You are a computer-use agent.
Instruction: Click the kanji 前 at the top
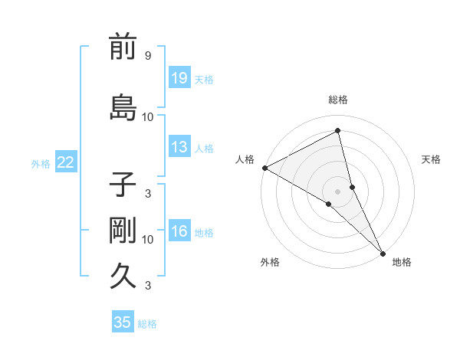[123, 47]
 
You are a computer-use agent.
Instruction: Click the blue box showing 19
[179, 79]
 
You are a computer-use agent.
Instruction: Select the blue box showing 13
[179, 148]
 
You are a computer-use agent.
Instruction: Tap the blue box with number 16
[179, 232]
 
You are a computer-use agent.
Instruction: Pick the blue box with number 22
[65, 162]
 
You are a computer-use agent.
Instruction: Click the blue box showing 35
[123, 322]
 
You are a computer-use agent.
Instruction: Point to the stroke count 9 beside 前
[147, 56]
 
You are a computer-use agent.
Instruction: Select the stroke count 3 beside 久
[147, 286]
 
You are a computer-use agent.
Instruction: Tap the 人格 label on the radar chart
[245, 159]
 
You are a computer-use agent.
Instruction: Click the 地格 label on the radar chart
[402, 262]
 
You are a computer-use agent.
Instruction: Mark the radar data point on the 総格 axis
[337, 131]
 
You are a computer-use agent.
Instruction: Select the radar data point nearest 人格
[264, 167]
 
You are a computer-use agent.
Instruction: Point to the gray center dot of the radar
[337, 191]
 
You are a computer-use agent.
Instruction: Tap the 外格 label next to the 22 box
[41, 163]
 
